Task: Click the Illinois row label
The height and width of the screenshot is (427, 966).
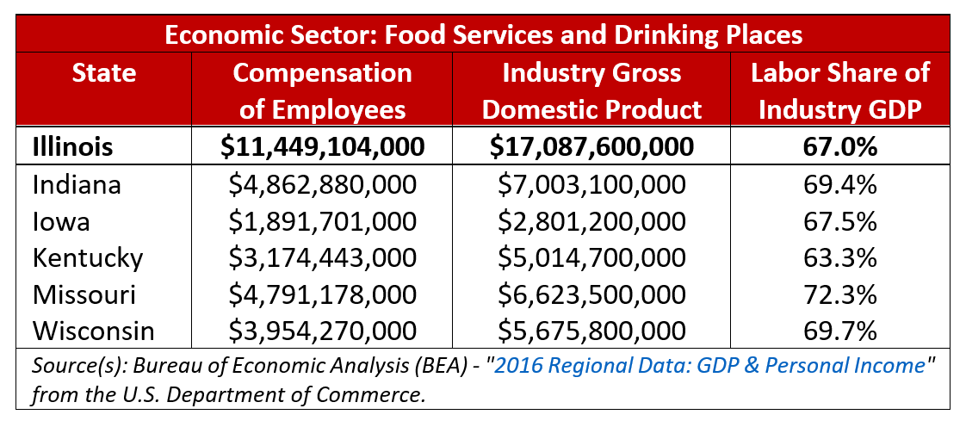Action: pyautogui.click(x=72, y=147)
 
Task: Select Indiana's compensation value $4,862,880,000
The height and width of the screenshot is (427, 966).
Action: pyautogui.click(x=322, y=184)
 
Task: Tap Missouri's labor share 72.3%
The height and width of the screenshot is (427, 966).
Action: pyautogui.click(x=839, y=294)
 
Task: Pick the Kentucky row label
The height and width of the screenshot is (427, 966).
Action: pyautogui.click(x=87, y=257)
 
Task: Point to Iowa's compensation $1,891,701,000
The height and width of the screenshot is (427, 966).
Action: pyautogui.click(x=322, y=221)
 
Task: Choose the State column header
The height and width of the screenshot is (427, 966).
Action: pyautogui.click(x=104, y=73)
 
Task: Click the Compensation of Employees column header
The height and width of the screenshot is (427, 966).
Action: pyautogui.click(x=322, y=91)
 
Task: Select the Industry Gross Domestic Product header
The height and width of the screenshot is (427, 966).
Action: pyautogui.click(x=591, y=91)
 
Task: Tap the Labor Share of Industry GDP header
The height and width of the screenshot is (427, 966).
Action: pyautogui.click(x=839, y=91)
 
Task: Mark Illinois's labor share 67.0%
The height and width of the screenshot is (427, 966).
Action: pyautogui.click(x=839, y=147)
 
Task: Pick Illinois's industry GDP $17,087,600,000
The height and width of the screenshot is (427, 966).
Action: pyautogui.click(x=591, y=147)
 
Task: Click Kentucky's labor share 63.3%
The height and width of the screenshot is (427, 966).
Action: pyautogui.click(x=839, y=257)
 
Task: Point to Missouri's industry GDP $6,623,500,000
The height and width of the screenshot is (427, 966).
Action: pyautogui.click(x=591, y=294)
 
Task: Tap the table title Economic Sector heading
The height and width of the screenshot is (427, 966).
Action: pyautogui.click(x=482, y=35)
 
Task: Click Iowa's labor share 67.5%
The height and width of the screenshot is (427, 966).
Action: pyautogui.click(x=839, y=221)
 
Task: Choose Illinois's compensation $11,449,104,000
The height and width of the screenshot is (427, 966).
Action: pyautogui.click(x=322, y=147)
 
